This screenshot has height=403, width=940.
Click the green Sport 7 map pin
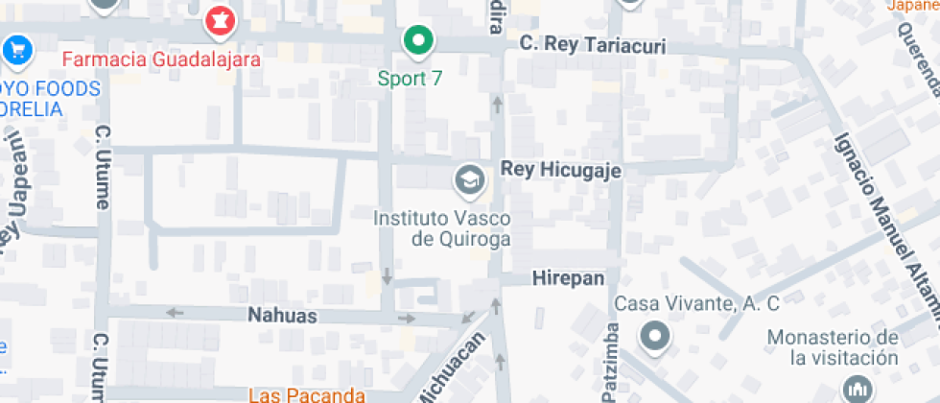click(x=417, y=40)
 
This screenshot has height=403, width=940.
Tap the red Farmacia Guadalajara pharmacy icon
click(x=221, y=20)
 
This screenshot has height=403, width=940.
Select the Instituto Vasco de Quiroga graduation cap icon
click(x=469, y=178)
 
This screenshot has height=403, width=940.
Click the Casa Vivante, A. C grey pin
click(x=656, y=337)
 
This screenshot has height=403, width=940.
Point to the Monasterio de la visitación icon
click(x=856, y=390)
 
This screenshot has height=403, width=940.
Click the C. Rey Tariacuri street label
click(x=592, y=45)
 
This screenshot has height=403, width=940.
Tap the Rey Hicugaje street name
click(x=561, y=170)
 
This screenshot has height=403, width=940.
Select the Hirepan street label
click(x=568, y=278)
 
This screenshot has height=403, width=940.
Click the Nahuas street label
click(x=282, y=314)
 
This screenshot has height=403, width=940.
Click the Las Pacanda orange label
click(x=307, y=394)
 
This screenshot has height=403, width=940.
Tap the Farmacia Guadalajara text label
click(x=161, y=59)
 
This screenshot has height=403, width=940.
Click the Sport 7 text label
click(x=410, y=79)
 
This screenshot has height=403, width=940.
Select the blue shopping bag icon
click(x=16, y=49)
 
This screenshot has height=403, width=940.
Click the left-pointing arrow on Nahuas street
click(x=175, y=312)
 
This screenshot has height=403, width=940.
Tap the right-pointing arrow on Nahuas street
click(x=408, y=318)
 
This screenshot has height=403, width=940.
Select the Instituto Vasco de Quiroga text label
click(x=441, y=228)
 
